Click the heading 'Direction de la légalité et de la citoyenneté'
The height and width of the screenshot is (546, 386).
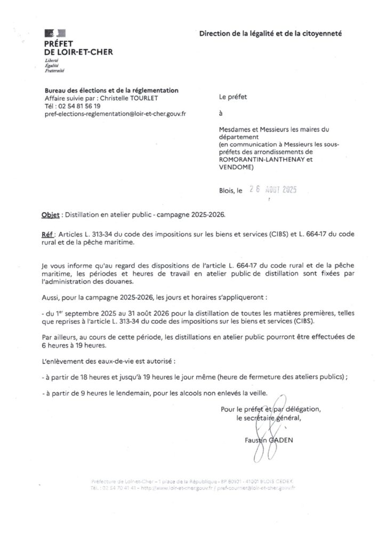[x=270, y=33]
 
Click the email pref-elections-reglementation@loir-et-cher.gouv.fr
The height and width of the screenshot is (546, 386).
[x=115, y=113]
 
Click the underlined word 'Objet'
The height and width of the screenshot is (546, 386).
[x=51, y=216]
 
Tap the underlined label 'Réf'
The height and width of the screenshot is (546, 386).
[x=48, y=235]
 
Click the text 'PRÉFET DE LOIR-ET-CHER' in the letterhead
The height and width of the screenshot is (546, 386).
[x=79, y=48]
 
